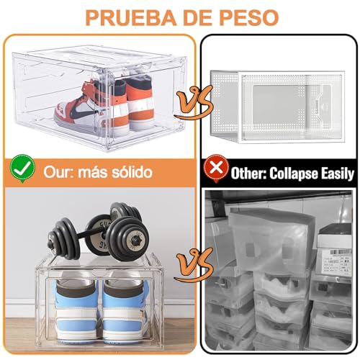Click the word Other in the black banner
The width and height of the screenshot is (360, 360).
pos(249,173)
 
